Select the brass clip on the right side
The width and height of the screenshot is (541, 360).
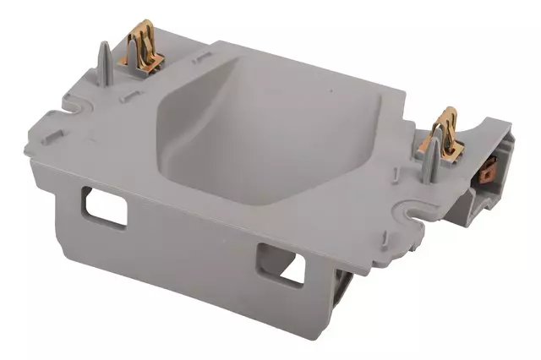445,134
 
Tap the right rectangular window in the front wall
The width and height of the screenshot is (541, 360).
281,264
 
